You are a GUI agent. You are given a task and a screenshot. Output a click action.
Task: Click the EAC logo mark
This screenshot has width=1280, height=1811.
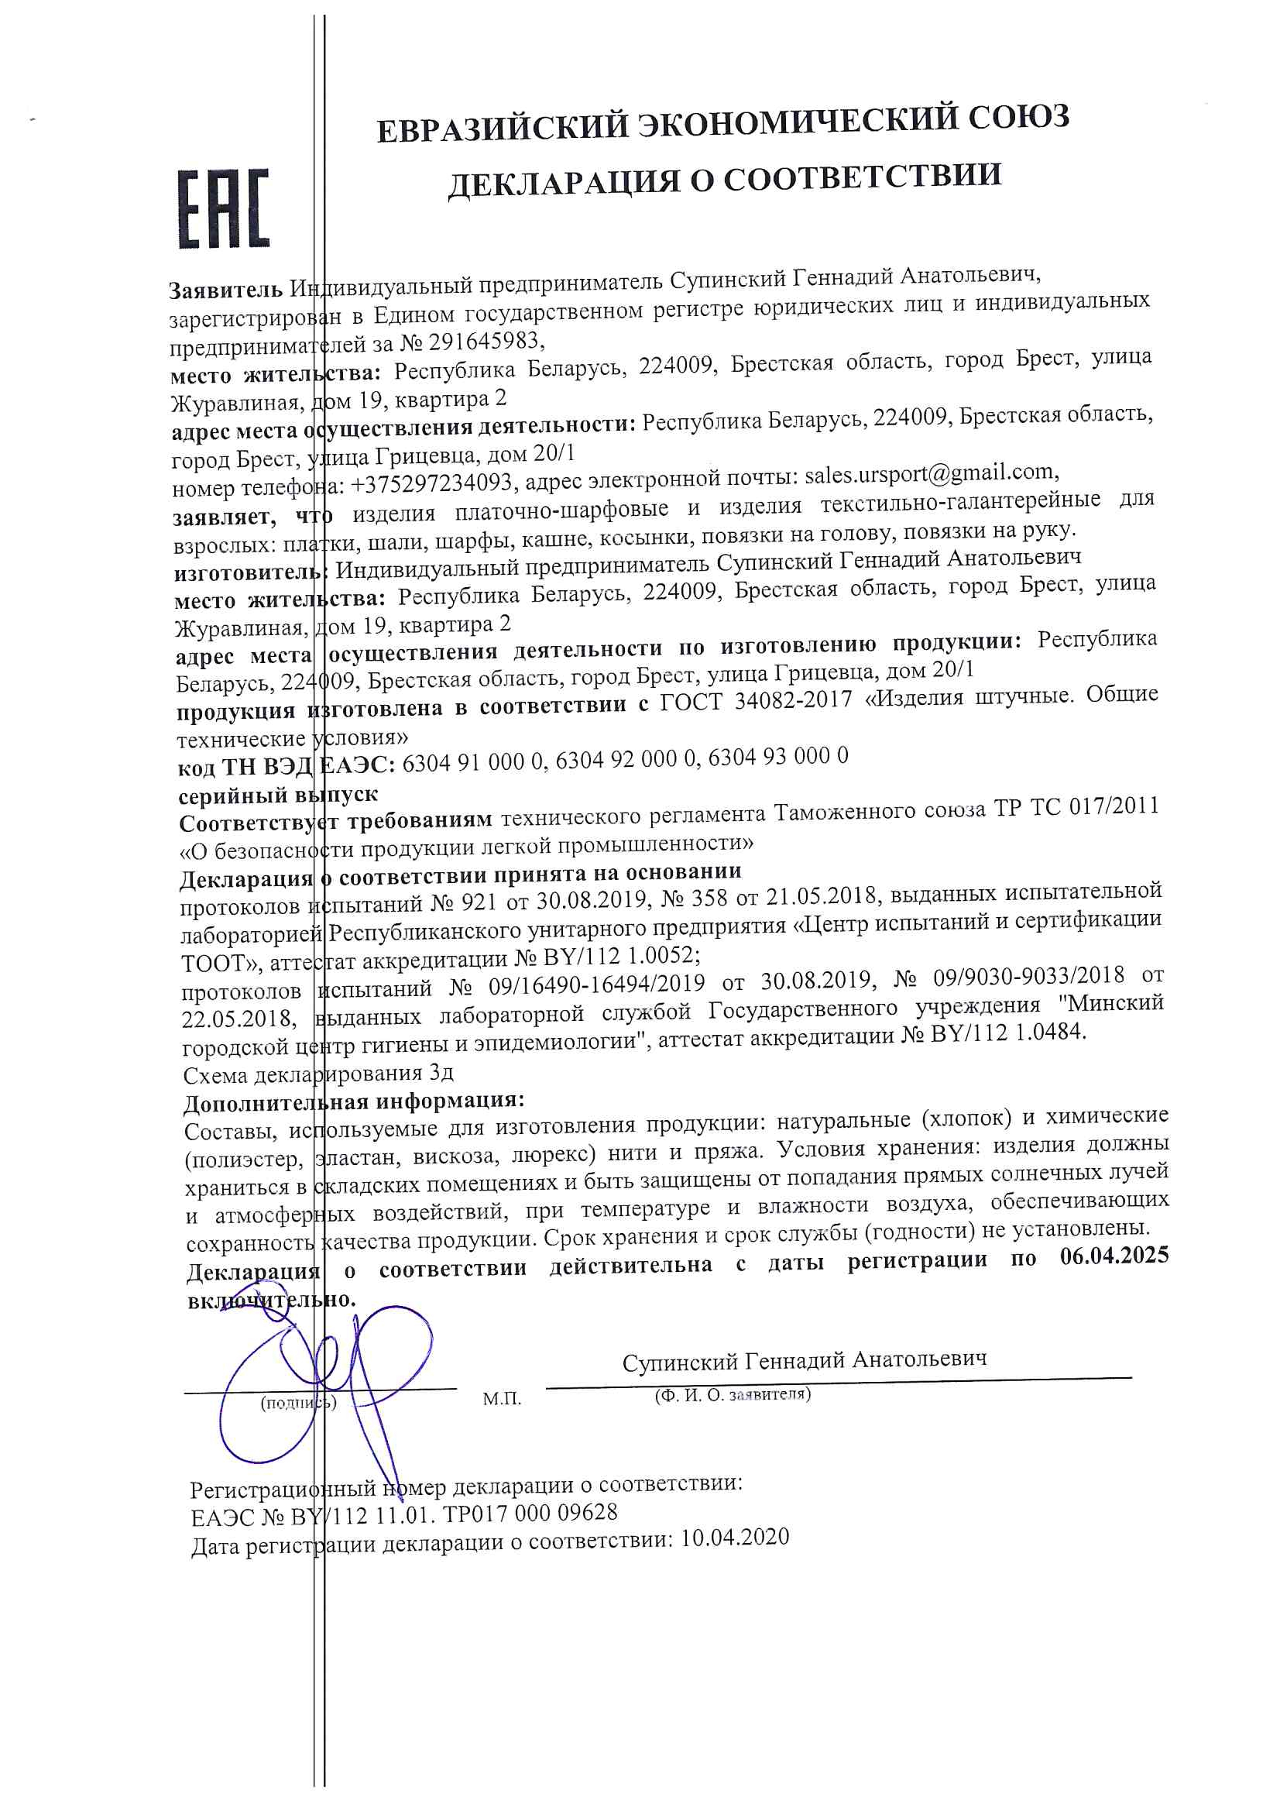[x=224, y=209]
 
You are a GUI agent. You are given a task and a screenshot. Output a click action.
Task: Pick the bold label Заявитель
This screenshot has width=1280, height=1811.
[x=225, y=290]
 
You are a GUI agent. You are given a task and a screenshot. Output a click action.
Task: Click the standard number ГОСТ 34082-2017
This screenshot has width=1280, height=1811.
[x=756, y=699]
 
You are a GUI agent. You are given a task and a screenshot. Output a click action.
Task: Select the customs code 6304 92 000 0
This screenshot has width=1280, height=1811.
[x=627, y=759]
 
